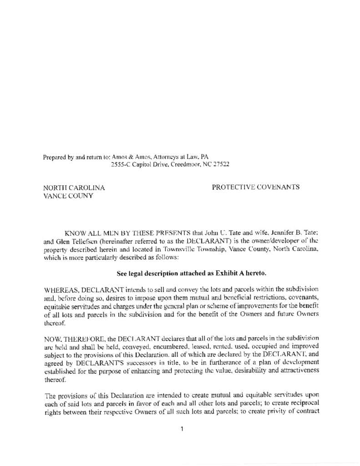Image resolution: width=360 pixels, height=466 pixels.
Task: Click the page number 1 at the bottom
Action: click(x=182, y=429)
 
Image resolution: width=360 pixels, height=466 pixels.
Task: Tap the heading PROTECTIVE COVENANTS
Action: click(x=256, y=187)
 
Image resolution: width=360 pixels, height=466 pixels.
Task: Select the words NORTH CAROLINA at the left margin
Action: click(x=74, y=187)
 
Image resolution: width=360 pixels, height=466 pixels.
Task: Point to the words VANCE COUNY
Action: click(x=68, y=196)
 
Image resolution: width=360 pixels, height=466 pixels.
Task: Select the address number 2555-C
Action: click(x=122, y=164)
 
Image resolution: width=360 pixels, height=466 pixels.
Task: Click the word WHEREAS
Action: click(x=61, y=289)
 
